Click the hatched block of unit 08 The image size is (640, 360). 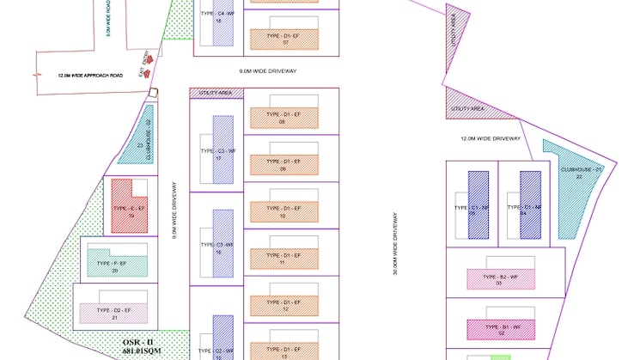283,118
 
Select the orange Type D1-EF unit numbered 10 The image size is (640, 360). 283,211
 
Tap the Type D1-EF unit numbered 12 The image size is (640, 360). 283,305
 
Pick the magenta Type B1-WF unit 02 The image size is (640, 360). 502,329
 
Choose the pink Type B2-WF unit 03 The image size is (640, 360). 501,278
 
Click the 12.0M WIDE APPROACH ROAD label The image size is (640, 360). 90,76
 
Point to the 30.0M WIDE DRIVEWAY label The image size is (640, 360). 396,245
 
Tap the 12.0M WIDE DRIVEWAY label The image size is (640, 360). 491,138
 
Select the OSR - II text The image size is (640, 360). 137,342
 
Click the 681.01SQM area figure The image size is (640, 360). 142,351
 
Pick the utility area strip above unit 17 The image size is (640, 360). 216,93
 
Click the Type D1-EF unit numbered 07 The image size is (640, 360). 283,39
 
